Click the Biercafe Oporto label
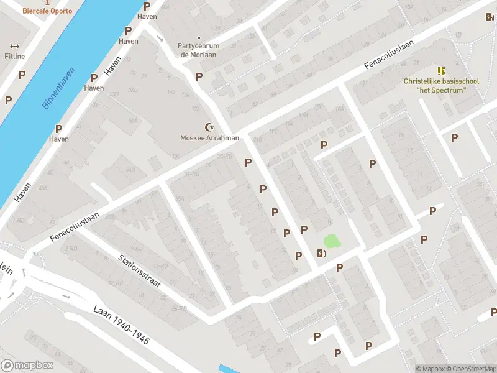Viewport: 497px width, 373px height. click(47, 11)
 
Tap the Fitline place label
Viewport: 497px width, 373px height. click(15, 56)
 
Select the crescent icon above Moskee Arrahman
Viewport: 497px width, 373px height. click(209, 127)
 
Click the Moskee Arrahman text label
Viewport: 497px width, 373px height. click(209, 138)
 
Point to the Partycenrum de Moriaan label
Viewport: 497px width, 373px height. click(198, 50)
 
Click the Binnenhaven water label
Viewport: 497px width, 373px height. click(58, 88)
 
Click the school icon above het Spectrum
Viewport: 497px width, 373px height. click(441, 70)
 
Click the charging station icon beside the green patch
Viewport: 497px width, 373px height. click(321, 252)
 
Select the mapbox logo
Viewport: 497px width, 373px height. click(27, 366)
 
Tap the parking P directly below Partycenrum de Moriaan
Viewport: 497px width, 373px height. click(199, 76)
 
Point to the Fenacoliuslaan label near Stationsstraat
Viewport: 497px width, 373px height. click(75, 228)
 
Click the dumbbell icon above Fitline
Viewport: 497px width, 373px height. click(15, 45)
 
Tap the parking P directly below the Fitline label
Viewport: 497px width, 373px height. click(22, 75)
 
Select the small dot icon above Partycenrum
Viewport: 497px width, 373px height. click(198, 37)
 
